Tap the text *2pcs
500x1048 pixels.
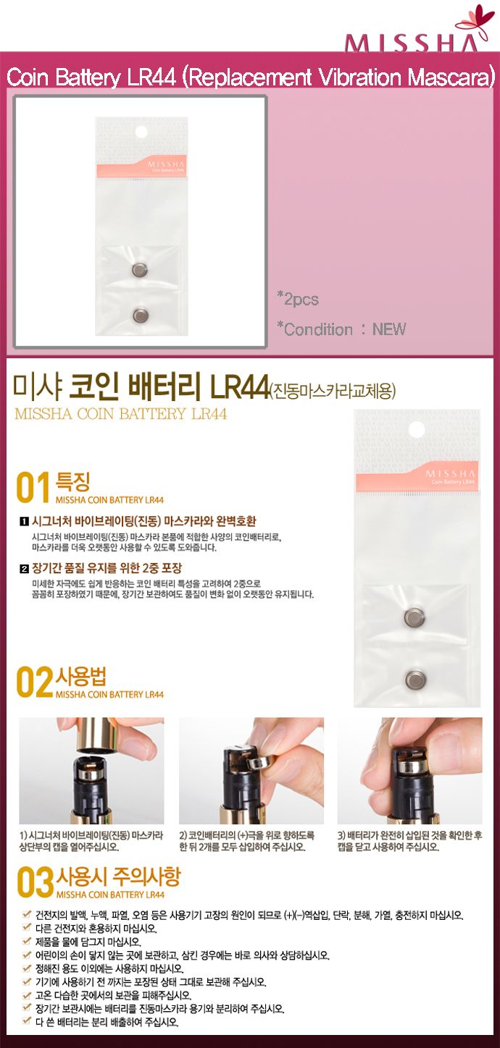(298, 299)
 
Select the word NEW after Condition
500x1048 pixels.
(389, 329)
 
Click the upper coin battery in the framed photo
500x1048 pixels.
(139, 269)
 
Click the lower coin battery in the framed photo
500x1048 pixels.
(140, 316)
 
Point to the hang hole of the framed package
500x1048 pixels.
(141, 132)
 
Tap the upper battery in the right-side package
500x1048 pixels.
(414, 617)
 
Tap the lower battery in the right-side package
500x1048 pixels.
(415, 680)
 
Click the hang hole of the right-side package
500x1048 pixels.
(416, 429)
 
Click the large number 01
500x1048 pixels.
(33, 488)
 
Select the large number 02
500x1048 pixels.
(35, 683)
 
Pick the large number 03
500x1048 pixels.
(36, 882)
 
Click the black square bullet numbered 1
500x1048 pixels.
(24, 522)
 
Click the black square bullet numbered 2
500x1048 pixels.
(24, 569)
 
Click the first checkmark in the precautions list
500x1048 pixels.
(27, 913)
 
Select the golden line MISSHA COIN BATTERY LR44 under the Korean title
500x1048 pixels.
(121, 413)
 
